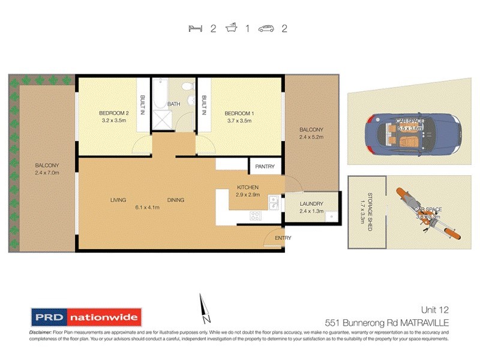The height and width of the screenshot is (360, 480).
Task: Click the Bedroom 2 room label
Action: [114, 113]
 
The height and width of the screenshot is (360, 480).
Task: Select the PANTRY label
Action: [265, 166]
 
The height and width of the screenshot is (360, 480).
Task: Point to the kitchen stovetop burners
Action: [257, 217]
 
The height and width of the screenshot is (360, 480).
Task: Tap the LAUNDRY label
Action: [311, 204]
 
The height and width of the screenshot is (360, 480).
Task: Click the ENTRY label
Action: [283, 238]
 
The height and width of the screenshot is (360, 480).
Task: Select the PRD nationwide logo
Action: [85, 317]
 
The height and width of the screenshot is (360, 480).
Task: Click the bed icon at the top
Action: [195, 28]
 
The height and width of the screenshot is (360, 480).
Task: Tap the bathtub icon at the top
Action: [231, 28]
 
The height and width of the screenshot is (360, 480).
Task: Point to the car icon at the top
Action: [266, 28]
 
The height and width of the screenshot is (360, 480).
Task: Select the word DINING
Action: [176, 200]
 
